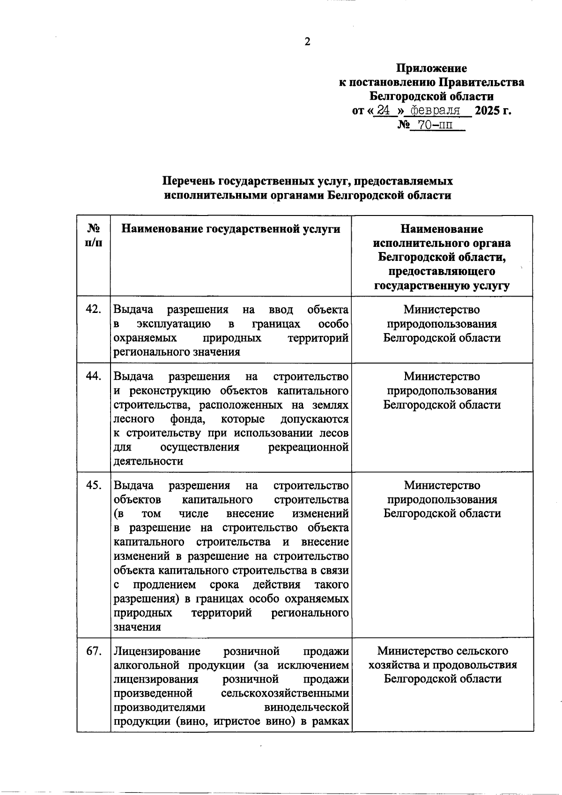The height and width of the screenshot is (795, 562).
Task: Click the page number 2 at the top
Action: [x=307, y=42]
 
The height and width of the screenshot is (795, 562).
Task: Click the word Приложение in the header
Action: [x=431, y=68]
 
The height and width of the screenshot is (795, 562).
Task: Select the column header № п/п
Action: [x=94, y=236]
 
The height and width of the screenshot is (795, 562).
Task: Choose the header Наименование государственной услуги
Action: [x=231, y=229]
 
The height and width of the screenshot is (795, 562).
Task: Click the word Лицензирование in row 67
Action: [x=157, y=651]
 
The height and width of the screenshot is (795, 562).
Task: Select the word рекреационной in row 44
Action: [x=308, y=447]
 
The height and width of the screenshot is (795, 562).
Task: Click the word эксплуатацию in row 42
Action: [x=174, y=324]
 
